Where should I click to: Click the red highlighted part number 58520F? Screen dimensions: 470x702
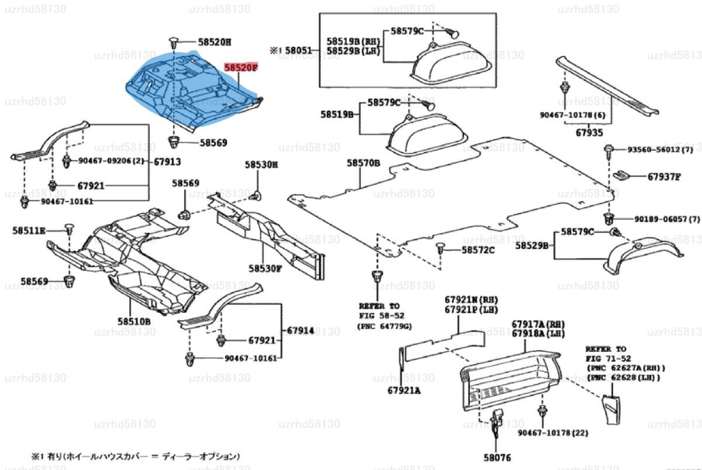pyautogui.click(x=240, y=68)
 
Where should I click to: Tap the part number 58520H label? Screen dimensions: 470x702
pyautogui.click(x=214, y=42)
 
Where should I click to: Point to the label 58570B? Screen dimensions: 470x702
pyautogui.click(x=363, y=163)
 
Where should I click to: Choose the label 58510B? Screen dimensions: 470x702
pyautogui.click(x=134, y=322)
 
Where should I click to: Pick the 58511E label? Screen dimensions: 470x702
pyautogui.click(x=29, y=230)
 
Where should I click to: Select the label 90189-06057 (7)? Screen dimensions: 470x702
pyautogui.click(x=667, y=219)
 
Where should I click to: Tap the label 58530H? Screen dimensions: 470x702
pyautogui.click(x=261, y=165)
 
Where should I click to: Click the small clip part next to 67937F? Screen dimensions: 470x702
pyautogui.click(x=624, y=175)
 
